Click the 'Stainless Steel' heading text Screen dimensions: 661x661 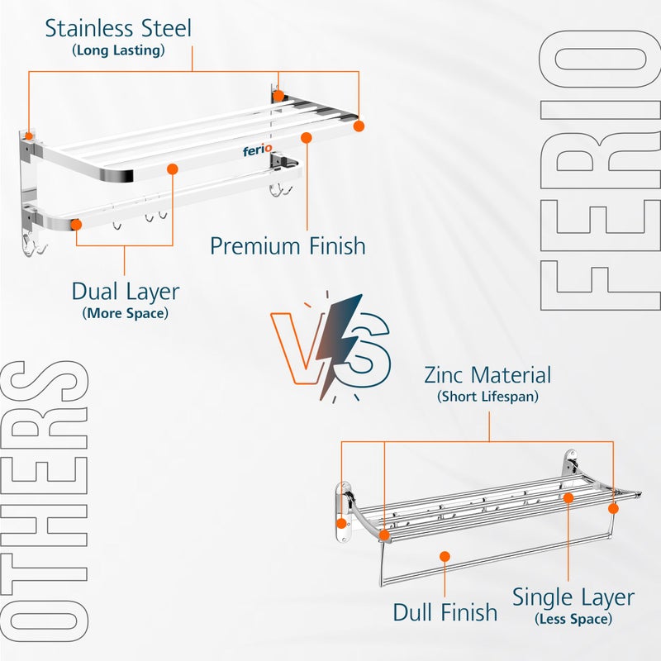(x=118, y=28)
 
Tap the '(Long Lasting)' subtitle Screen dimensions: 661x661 (x=118, y=50)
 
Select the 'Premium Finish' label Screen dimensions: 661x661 (x=288, y=245)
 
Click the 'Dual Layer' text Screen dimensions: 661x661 (x=125, y=292)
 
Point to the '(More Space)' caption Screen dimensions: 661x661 (x=125, y=313)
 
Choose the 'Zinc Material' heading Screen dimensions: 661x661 (x=487, y=375)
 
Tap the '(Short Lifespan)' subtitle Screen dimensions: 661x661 (x=487, y=397)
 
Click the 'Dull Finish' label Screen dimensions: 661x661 (x=445, y=612)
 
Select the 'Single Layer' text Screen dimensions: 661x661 (x=573, y=597)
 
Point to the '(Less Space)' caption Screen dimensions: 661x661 (x=573, y=619)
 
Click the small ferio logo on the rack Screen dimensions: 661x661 (x=257, y=151)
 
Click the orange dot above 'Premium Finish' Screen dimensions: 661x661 (x=307, y=137)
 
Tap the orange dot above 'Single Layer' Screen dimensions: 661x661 (x=568, y=497)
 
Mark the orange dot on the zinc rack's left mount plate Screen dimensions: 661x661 (x=341, y=523)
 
